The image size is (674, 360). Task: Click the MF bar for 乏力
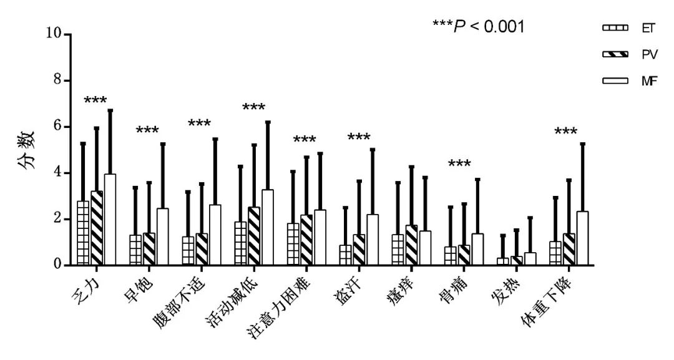[110, 220]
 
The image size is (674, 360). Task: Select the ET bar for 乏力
[83, 233]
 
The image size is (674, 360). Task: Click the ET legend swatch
[615, 28]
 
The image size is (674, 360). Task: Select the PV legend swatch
[615, 54]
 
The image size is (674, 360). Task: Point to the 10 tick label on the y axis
[54, 34]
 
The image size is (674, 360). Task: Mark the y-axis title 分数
[26, 149]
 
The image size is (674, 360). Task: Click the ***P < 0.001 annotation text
[479, 27]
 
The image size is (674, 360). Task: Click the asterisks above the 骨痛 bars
[459, 165]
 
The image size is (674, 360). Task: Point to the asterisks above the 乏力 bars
[95, 100]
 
